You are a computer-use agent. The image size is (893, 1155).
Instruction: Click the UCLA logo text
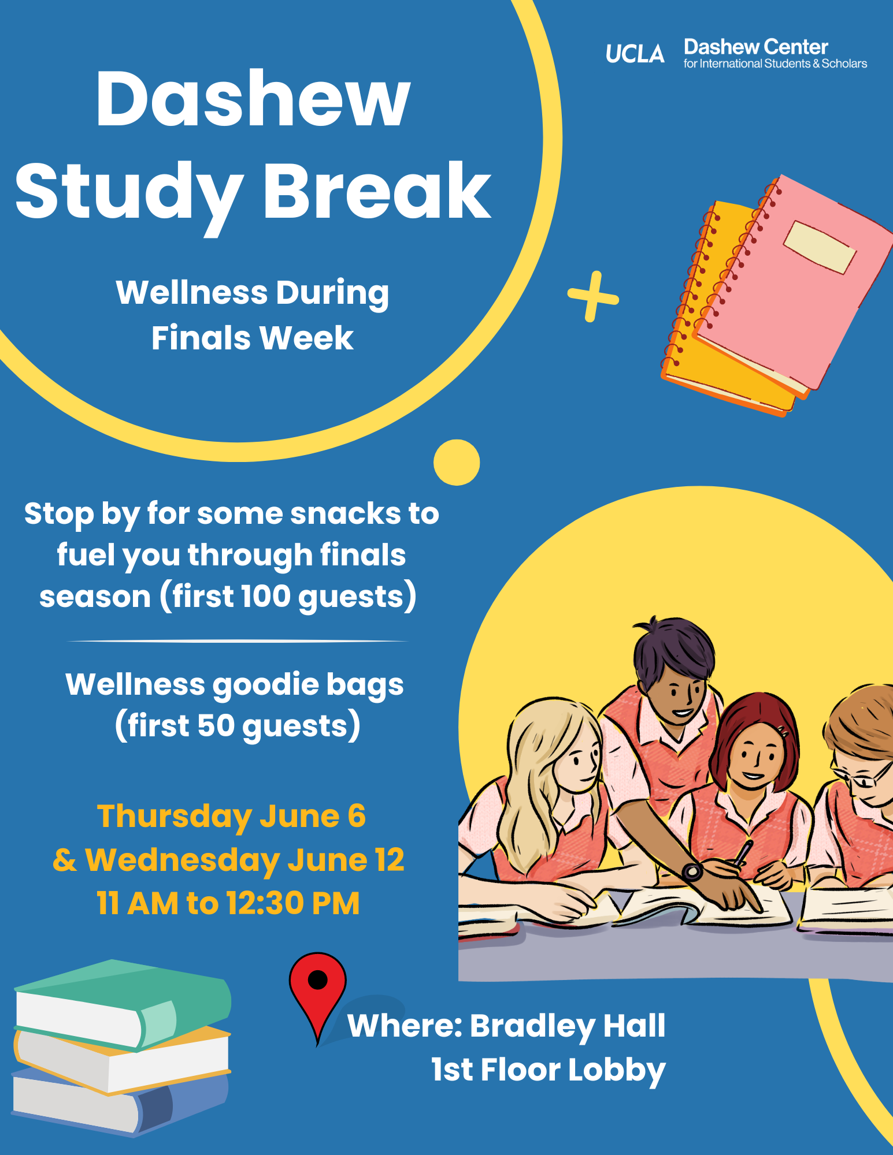pyautogui.click(x=635, y=54)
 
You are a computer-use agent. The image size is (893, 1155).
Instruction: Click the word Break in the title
pyautogui.click(x=377, y=191)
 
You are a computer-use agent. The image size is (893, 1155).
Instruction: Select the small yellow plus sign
pyautogui.click(x=593, y=296)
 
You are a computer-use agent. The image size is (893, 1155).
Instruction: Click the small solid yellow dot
pyautogui.click(x=457, y=463)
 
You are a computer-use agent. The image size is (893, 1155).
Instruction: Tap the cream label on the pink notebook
pyautogui.click(x=820, y=247)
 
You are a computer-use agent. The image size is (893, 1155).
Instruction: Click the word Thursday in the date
pyautogui.click(x=175, y=817)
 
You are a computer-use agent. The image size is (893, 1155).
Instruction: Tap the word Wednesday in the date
pyautogui.click(x=183, y=860)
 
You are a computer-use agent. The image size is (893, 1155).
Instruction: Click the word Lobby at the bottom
pyautogui.click(x=617, y=1071)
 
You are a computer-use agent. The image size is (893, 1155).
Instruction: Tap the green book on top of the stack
pyautogui.click(x=123, y=1004)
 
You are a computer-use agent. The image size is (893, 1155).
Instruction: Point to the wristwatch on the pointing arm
pyautogui.click(x=692, y=871)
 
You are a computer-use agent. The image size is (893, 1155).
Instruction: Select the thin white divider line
pyautogui.click(x=237, y=641)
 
